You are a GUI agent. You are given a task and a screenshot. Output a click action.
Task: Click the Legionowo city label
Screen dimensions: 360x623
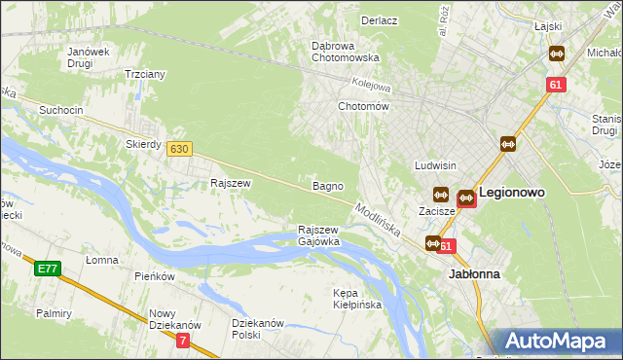coord(511,193)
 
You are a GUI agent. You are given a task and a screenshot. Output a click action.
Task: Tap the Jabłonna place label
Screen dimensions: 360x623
coord(474,274)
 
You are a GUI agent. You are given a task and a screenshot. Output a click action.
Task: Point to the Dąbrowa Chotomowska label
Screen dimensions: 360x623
coord(345,52)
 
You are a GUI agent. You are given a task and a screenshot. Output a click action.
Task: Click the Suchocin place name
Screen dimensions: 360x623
coord(60,110)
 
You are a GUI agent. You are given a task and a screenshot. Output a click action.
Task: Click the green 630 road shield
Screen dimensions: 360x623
coord(178,149)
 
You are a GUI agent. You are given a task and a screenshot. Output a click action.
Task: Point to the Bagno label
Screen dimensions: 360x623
coord(327,185)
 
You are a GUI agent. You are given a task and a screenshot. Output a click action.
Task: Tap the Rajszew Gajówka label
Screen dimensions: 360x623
coord(318,235)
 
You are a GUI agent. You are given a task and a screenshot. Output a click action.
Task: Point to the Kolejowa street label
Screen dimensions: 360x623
coord(370,84)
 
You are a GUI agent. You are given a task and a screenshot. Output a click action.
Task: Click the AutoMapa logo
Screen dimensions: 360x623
coord(559,342)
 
